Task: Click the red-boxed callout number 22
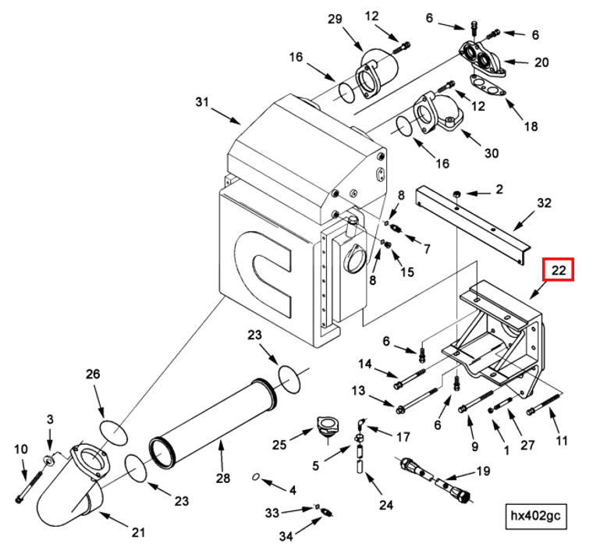(559, 270)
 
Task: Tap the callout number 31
(203, 101)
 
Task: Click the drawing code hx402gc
(536, 515)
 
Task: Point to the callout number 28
(221, 478)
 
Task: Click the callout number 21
(138, 533)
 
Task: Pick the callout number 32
(544, 203)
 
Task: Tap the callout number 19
(483, 471)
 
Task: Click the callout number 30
(491, 153)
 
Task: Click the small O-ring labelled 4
(255, 476)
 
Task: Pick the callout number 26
(93, 375)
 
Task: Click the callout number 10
(20, 449)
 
